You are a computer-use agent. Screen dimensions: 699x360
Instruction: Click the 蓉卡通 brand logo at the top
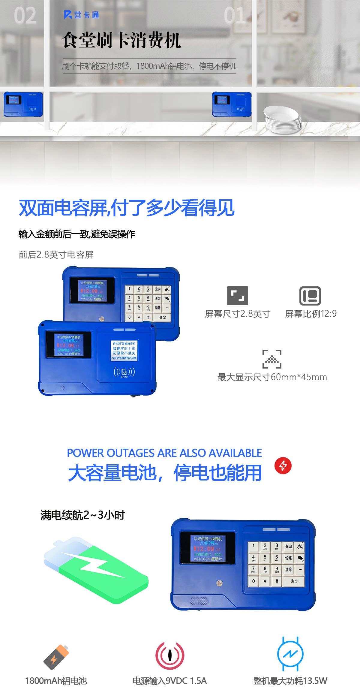(x=81, y=15)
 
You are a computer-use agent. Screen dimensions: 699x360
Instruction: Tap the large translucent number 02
(x=25, y=16)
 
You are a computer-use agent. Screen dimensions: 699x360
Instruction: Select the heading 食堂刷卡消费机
(x=121, y=40)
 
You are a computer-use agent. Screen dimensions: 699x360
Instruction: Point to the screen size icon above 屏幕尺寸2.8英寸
(x=237, y=296)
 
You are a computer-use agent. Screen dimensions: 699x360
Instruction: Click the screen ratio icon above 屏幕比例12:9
(x=310, y=296)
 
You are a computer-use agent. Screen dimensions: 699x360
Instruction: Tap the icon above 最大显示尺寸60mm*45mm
(x=272, y=359)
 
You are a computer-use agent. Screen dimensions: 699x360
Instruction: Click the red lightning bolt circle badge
(x=283, y=465)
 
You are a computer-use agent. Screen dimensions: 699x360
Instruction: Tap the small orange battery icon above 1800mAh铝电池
(x=56, y=657)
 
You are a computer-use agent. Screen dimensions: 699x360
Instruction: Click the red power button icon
(x=169, y=656)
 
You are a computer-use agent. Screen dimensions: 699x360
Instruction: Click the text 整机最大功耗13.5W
(x=290, y=681)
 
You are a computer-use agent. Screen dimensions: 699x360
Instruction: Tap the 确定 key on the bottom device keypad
(x=294, y=581)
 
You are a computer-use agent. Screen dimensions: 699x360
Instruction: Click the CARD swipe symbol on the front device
(x=124, y=372)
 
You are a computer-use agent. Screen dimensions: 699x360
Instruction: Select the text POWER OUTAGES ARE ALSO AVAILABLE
(x=164, y=453)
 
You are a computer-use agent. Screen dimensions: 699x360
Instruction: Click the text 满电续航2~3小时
(x=82, y=515)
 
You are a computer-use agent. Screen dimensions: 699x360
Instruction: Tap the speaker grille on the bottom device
(x=199, y=601)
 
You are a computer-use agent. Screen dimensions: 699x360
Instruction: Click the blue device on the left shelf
(x=23, y=104)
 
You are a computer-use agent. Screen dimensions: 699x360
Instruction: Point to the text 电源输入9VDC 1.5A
(x=169, y=681)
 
